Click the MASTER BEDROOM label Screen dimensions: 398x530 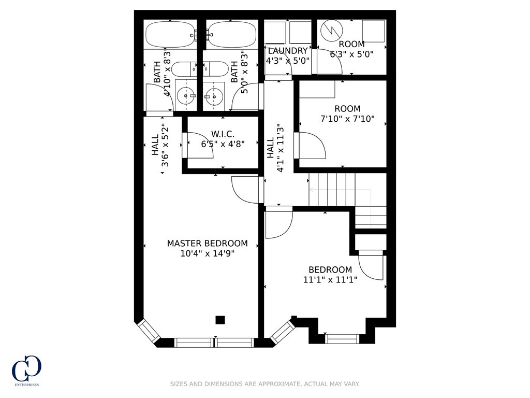pos(207,243)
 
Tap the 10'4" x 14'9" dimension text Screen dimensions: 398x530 pos(207,254)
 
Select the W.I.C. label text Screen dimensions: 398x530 pos(223,134)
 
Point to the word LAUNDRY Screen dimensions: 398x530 pos(288,51)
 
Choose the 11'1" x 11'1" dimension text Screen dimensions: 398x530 pos(330,280)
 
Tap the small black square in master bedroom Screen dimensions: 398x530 pos(220,320)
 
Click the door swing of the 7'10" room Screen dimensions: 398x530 pos(311,146)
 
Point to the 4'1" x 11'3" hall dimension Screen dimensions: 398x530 pos(274,148)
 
